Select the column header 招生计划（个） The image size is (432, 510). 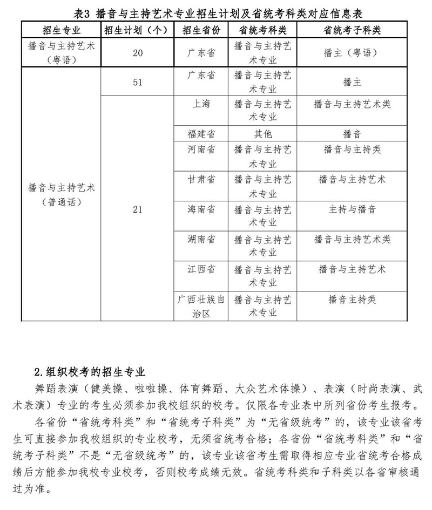(x=137, y=30)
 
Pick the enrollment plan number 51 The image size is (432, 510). (x=137, y=82)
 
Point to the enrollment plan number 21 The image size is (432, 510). (x=137, y=209)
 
